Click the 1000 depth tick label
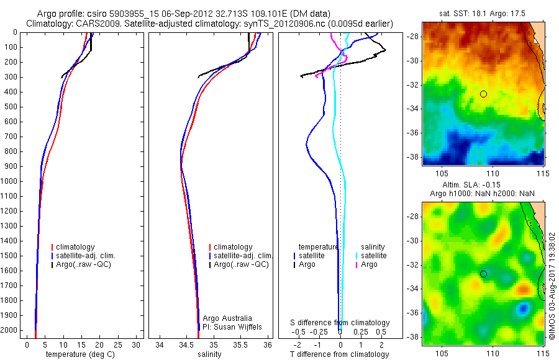pyautogui.click(x=11, y=181)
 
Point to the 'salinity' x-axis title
pyautogui.click(x=210, y=354)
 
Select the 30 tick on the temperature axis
pyautogui.click(x=137, y=344)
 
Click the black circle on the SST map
pyautogui.click(x=483, y=94)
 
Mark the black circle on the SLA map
pyautogui.click(x=483, y=274)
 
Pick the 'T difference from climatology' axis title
pyautogui.click(x=340, y=354)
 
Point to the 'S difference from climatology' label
pyautogui.click(x=340, y=323)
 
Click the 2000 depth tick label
pyautogui.click(x=11, y=330)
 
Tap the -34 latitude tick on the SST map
pyautogui.click(x=413, y=109)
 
